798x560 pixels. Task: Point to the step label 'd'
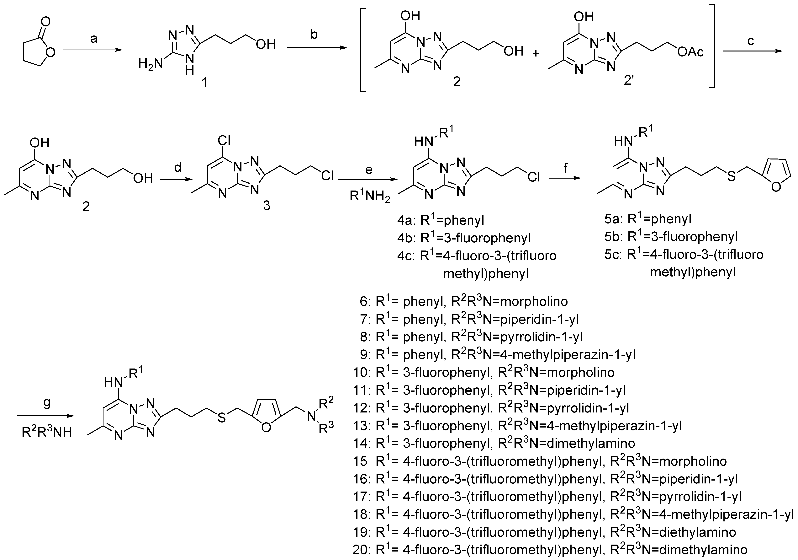coord(178,168)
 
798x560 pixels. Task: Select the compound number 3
coord(266,206)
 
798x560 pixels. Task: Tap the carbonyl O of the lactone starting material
coord(45,22)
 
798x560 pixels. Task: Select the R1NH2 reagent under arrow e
coord(370,197)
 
